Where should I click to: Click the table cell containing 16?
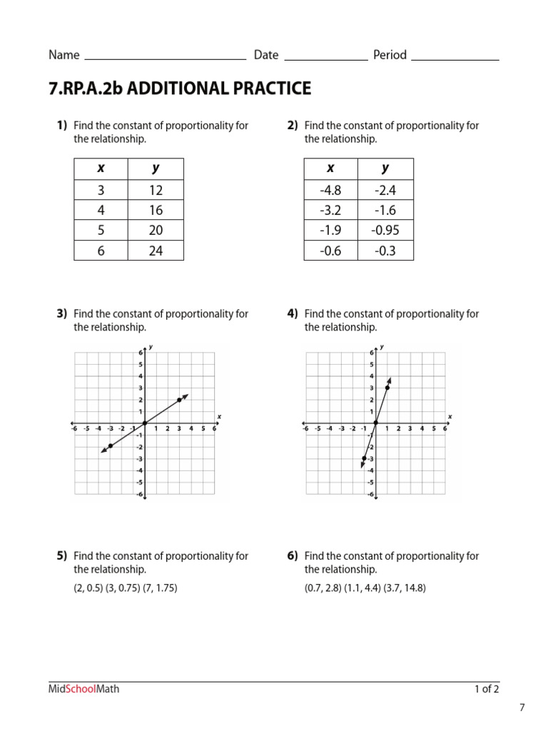click(156, 210)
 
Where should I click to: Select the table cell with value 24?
click(156, 251)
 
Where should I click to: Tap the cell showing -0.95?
click(385, 230)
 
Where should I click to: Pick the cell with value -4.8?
click(330, 190)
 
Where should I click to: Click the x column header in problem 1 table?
click(101, 168)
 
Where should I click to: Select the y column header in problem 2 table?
click(385, 168)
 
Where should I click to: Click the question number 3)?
click(62, 313)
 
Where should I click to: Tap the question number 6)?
click(293, 555)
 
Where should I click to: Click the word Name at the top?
click(64, 55)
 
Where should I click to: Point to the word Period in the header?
click(390, 55)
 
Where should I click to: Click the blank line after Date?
click(326, 59)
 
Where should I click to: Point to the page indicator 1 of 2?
click(487, 689)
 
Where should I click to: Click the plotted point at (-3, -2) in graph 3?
click(110, 446)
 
